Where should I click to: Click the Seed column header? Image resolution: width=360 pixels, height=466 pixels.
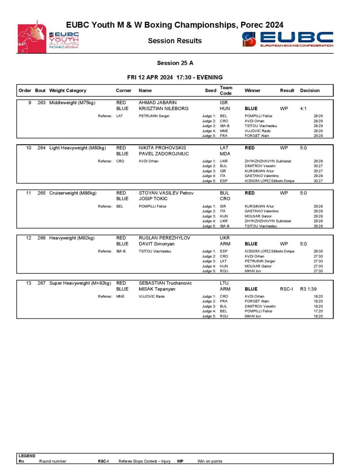click(210, 91)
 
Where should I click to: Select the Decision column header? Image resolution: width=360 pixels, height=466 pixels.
click(309, 91)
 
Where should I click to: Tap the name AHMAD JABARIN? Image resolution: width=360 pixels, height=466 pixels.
click(157, 103)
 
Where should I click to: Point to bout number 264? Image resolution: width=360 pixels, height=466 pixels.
click(41, 148)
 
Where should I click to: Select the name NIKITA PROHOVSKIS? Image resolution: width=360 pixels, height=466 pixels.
click(162, 148)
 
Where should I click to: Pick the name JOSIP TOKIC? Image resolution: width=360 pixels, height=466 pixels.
click(153, 199)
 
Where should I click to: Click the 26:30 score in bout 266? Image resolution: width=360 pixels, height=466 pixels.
click(318, 251)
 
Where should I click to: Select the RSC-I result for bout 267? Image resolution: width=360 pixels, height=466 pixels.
click(287, 289)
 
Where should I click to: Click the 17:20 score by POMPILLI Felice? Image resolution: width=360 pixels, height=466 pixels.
click(318, 311)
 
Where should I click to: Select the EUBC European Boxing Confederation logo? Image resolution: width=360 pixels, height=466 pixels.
click(288, 39)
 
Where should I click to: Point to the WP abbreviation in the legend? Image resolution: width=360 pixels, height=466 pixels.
click(180, 461)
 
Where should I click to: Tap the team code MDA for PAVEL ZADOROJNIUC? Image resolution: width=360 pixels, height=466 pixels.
click(225, 154)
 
